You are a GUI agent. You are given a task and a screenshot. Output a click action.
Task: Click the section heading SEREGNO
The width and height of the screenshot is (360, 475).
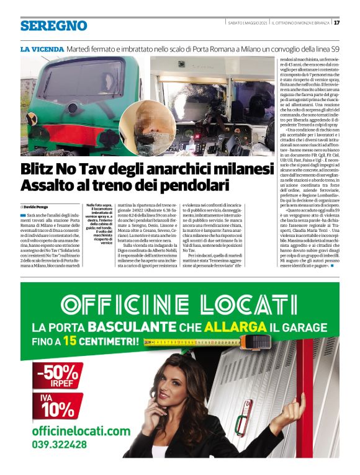point(53,25)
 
